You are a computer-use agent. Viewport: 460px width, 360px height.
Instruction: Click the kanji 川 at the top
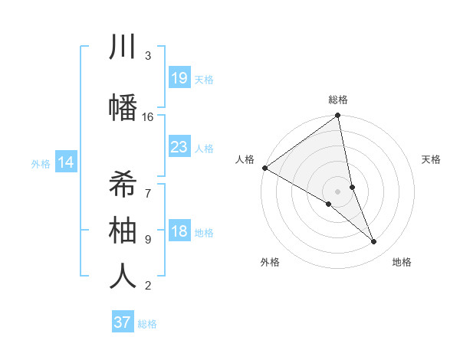pyautogui.click(x=123, y=47)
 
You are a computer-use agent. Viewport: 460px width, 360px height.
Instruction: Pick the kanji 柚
pyautogui.click(x=123, y=230)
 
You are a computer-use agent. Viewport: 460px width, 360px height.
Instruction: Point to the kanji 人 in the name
pyautogui.click(x=123, y=277)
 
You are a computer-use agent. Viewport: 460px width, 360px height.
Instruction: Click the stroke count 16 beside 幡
pyautogui.click(x=148, y=117)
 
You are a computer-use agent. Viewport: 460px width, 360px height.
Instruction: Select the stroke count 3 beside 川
pyautogui.click(x=148, y=56)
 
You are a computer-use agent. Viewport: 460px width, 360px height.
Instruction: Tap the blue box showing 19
pyautogui.click(x=179, y=78)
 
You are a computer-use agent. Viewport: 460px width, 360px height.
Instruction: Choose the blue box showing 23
pyautogui.click(x=179, y=147)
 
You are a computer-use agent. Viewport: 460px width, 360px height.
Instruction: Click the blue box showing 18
pyautogui.click(x=179, y=231)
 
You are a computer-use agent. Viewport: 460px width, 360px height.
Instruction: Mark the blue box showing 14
pyautogui.click(x=66, y=162)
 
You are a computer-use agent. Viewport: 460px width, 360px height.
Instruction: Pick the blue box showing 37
pyautogui.click(x=122, y=322)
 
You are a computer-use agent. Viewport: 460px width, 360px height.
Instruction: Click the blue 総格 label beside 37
pyautogui.click(x=147, y=324)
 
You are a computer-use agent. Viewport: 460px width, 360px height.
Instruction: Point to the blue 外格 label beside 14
pyautogui.click(x=41, y=163)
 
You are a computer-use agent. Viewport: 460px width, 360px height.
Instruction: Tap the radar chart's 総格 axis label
pyautogui.click(x=338, y=100)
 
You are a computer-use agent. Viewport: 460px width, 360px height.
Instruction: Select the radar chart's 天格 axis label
pyautogui.click(x=432, y=159)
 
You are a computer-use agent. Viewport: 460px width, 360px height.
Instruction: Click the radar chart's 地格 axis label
pyautogui.click(x=402, y=263)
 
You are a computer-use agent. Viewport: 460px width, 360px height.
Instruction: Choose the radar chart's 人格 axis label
pyautogui.click(x=245, y=159)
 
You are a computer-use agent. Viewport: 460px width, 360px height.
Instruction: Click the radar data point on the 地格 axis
pyautogui.click(x=374, y=242)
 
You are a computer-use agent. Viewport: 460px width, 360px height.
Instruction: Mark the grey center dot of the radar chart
pyautogui.click(x=338, y=191)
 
